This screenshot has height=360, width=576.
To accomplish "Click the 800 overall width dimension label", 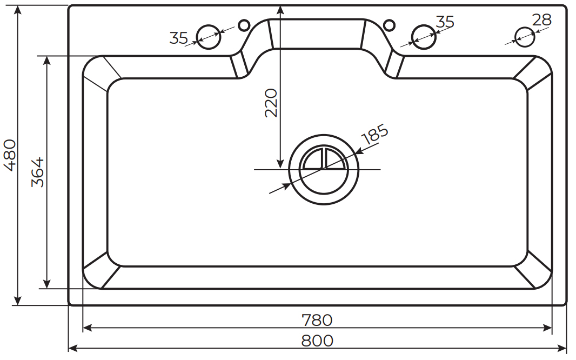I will (317, 341).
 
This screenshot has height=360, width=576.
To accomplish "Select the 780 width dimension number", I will (317, 320).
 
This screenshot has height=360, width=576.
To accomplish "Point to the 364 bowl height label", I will (37, 172).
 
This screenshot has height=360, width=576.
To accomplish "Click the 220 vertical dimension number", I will (271, 103).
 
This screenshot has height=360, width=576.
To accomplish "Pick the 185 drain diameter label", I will (374, 134).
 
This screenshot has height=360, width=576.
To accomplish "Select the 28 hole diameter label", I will (541, 20).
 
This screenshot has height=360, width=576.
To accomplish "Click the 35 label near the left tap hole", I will (178, 38).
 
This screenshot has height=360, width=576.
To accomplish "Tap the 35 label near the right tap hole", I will (445, 22).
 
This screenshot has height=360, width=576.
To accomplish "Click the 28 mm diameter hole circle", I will (524, 36).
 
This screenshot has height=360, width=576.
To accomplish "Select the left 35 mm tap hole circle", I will (208, 36).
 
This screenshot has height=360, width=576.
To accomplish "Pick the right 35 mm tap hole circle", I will (423, 36).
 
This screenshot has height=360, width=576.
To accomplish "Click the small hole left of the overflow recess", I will (244, 25).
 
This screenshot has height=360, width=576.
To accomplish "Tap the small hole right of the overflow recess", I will (388, 24).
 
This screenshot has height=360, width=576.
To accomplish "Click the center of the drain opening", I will (323, 169).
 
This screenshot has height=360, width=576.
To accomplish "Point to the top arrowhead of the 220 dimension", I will (280, 9).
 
